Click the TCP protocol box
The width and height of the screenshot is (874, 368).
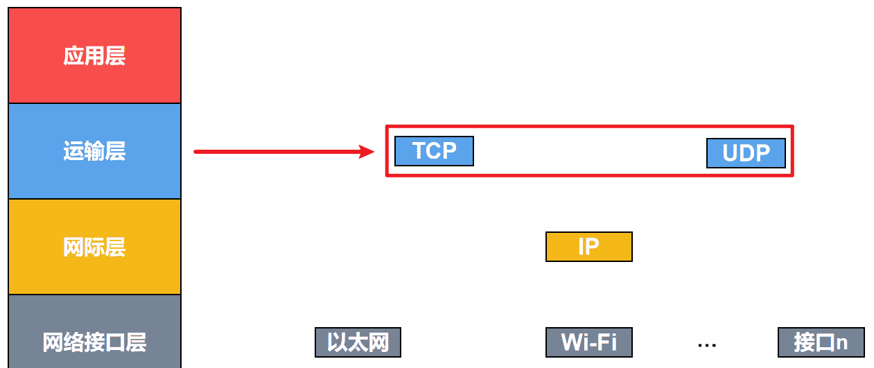click(x=434, y=151)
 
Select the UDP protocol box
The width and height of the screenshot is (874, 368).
click(x=746, y=153)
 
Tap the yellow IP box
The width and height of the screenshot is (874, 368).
click(x=588, y=247)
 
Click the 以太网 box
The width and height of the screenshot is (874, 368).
click(x=358, y=342)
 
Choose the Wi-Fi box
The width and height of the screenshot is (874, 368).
click(x=588, y=342)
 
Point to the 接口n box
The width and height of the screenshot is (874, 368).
click(x=821, y=342)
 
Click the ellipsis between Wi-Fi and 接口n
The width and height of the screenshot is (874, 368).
click(x=707, y=344)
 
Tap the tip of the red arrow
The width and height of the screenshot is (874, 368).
click(x=374, y=151)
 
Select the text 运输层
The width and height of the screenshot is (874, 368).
click(x=94, y=152)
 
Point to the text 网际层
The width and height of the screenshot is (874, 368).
click(x=94, y=247)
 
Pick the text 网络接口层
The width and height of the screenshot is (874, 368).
click(x=94, y=342)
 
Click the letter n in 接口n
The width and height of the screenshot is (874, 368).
click(x=841, y=344)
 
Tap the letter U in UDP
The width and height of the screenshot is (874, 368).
click(x=730, y=153)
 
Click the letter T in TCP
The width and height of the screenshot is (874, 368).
click(x=419, y=151)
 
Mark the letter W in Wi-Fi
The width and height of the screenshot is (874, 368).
click(x=571, y=342)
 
